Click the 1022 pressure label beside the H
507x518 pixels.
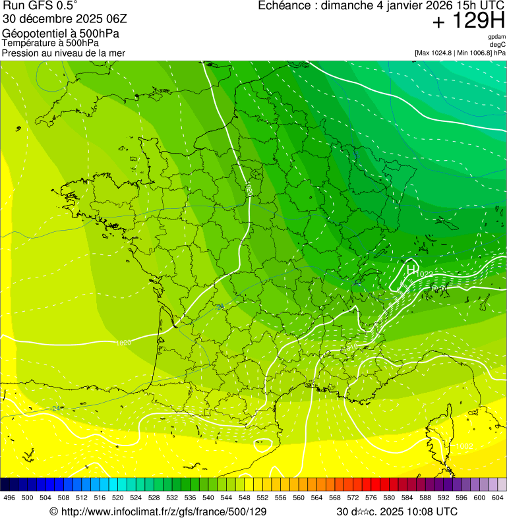pos(425,274)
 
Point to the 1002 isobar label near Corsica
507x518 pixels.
pos(465,447)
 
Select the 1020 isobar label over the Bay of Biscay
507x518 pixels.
pos(123,343)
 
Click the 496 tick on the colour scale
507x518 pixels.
pos(9,498)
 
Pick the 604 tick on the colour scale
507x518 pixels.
pos(498,498)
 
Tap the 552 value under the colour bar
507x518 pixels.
pos(262,498)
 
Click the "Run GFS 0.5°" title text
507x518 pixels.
pos(40,6)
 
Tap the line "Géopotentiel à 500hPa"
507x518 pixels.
pos(61,34)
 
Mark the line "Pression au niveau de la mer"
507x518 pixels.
pos(63,53)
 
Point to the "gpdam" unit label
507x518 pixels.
pos(497,37)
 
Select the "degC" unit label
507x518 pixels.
pos(498,44)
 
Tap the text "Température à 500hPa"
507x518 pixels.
pos(55,43)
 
